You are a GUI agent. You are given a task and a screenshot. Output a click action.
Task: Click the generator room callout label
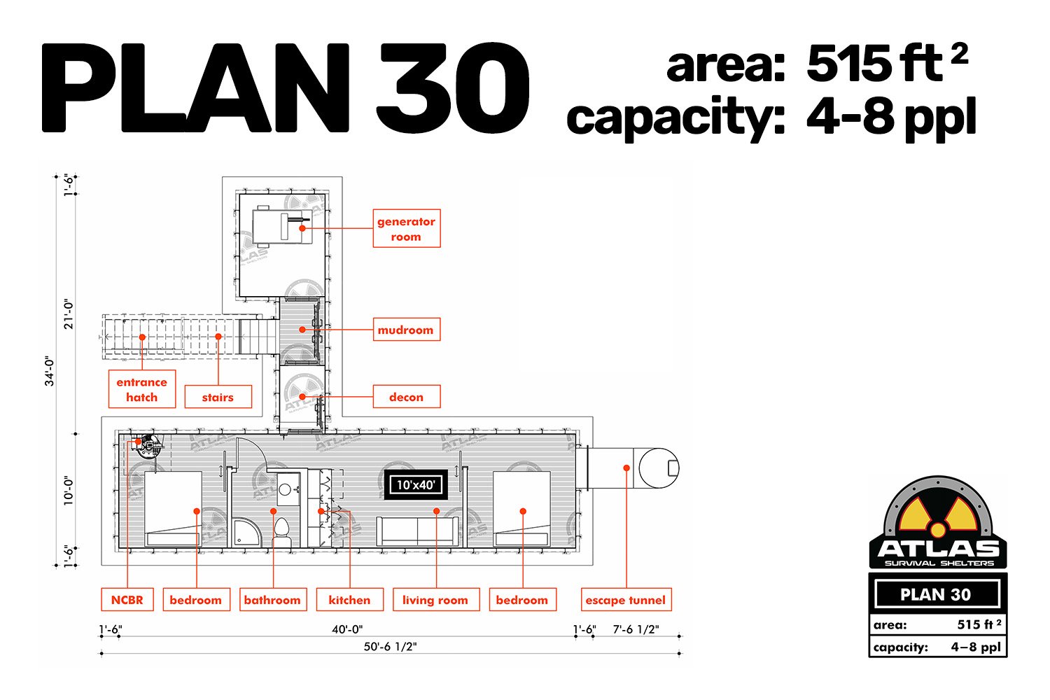click(x=407, y=228)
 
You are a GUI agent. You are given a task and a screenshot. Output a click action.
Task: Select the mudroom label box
click(x=407, y=329)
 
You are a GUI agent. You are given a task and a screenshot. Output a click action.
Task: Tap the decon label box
click(x=407, y=397)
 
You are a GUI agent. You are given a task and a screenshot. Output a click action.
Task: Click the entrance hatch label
click(x=142, y=389)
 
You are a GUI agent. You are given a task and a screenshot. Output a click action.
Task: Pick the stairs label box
click(x=218, y=397)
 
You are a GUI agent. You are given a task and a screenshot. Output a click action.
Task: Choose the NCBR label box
click(x=127, y=600)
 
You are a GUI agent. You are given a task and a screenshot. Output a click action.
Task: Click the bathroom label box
click(x=273, y=600)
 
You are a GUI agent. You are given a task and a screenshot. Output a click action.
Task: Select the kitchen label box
click(x=350, y=600)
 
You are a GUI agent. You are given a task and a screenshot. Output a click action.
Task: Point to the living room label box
click(x=436, y=600)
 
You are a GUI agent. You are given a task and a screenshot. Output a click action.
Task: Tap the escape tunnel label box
click(x=626, y=600)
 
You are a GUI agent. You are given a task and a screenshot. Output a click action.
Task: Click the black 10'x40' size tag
click(x=416, y=485)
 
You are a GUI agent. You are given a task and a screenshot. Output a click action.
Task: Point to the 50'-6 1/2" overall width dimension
click(x=390, y=647)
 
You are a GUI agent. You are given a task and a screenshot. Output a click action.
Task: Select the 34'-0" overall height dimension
click(x=50, y=370)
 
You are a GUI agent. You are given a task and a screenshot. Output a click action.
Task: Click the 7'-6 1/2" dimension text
click(x=636, y=629)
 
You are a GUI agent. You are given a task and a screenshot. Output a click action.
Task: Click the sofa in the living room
click(x=417, y=531)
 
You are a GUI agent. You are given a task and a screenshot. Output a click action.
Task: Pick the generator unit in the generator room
click(x=281, y=226)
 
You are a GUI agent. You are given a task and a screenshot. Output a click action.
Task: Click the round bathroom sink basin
click(x=285, y=490)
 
